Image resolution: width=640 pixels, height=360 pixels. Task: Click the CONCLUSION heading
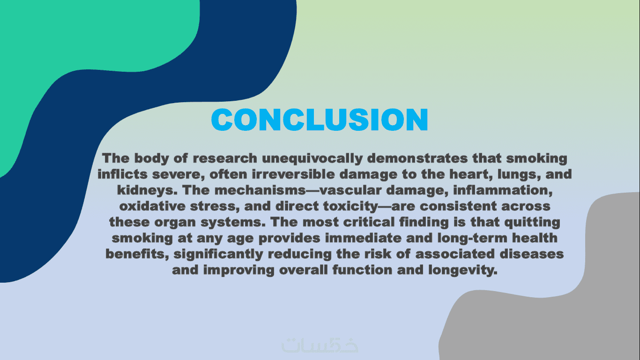[x=320, y=120]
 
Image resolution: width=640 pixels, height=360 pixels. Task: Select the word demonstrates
[x=417, y=158]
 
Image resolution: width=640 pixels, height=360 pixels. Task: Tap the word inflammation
[x=503, y=190]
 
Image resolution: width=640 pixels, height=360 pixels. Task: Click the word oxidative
[x=152, y=206]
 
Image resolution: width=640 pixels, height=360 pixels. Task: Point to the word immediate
[x=363, y=238]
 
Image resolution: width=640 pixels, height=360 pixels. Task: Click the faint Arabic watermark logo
[x=320, y=345]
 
